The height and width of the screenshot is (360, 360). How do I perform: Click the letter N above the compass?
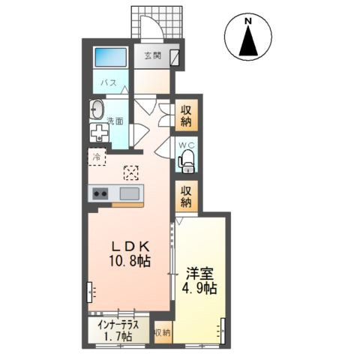coord(248,22)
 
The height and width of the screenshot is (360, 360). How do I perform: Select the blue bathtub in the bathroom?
coord(111,57)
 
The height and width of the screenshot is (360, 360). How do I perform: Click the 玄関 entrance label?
coord(152,55)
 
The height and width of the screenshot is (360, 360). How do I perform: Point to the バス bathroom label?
coord(109,82)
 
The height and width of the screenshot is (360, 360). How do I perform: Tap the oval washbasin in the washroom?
coord(97,110)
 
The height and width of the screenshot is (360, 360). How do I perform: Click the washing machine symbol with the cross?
coord(100,133)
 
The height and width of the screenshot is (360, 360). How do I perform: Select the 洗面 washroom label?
coord(115,121)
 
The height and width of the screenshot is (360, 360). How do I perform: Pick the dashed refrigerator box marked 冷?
coord(97,157)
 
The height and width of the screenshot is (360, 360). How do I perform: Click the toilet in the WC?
coord(187,161)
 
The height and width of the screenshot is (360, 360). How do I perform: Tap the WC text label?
coord(186,145)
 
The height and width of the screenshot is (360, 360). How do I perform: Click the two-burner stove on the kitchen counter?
coord(100,193)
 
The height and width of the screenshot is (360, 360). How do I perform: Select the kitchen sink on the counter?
coord(130,193)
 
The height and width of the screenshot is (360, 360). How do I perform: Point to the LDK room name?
coord(130,247)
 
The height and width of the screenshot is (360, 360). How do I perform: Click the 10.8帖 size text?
coord(130,261)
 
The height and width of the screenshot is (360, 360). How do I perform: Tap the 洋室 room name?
coord(199,274)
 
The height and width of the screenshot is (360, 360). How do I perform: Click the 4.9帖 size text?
coord(199,289)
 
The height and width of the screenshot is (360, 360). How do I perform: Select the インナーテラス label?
coord(118,325)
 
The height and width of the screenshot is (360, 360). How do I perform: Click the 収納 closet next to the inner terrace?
coord(163,333)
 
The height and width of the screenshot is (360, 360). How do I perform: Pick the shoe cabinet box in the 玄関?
coord(175,58)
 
